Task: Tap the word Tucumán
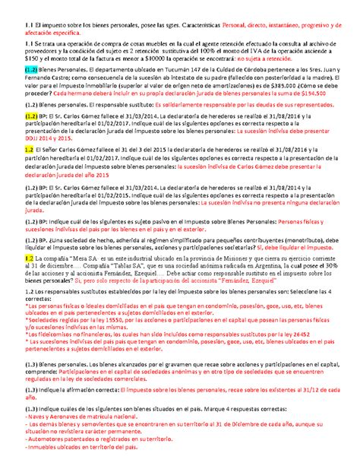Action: point(172,90)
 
